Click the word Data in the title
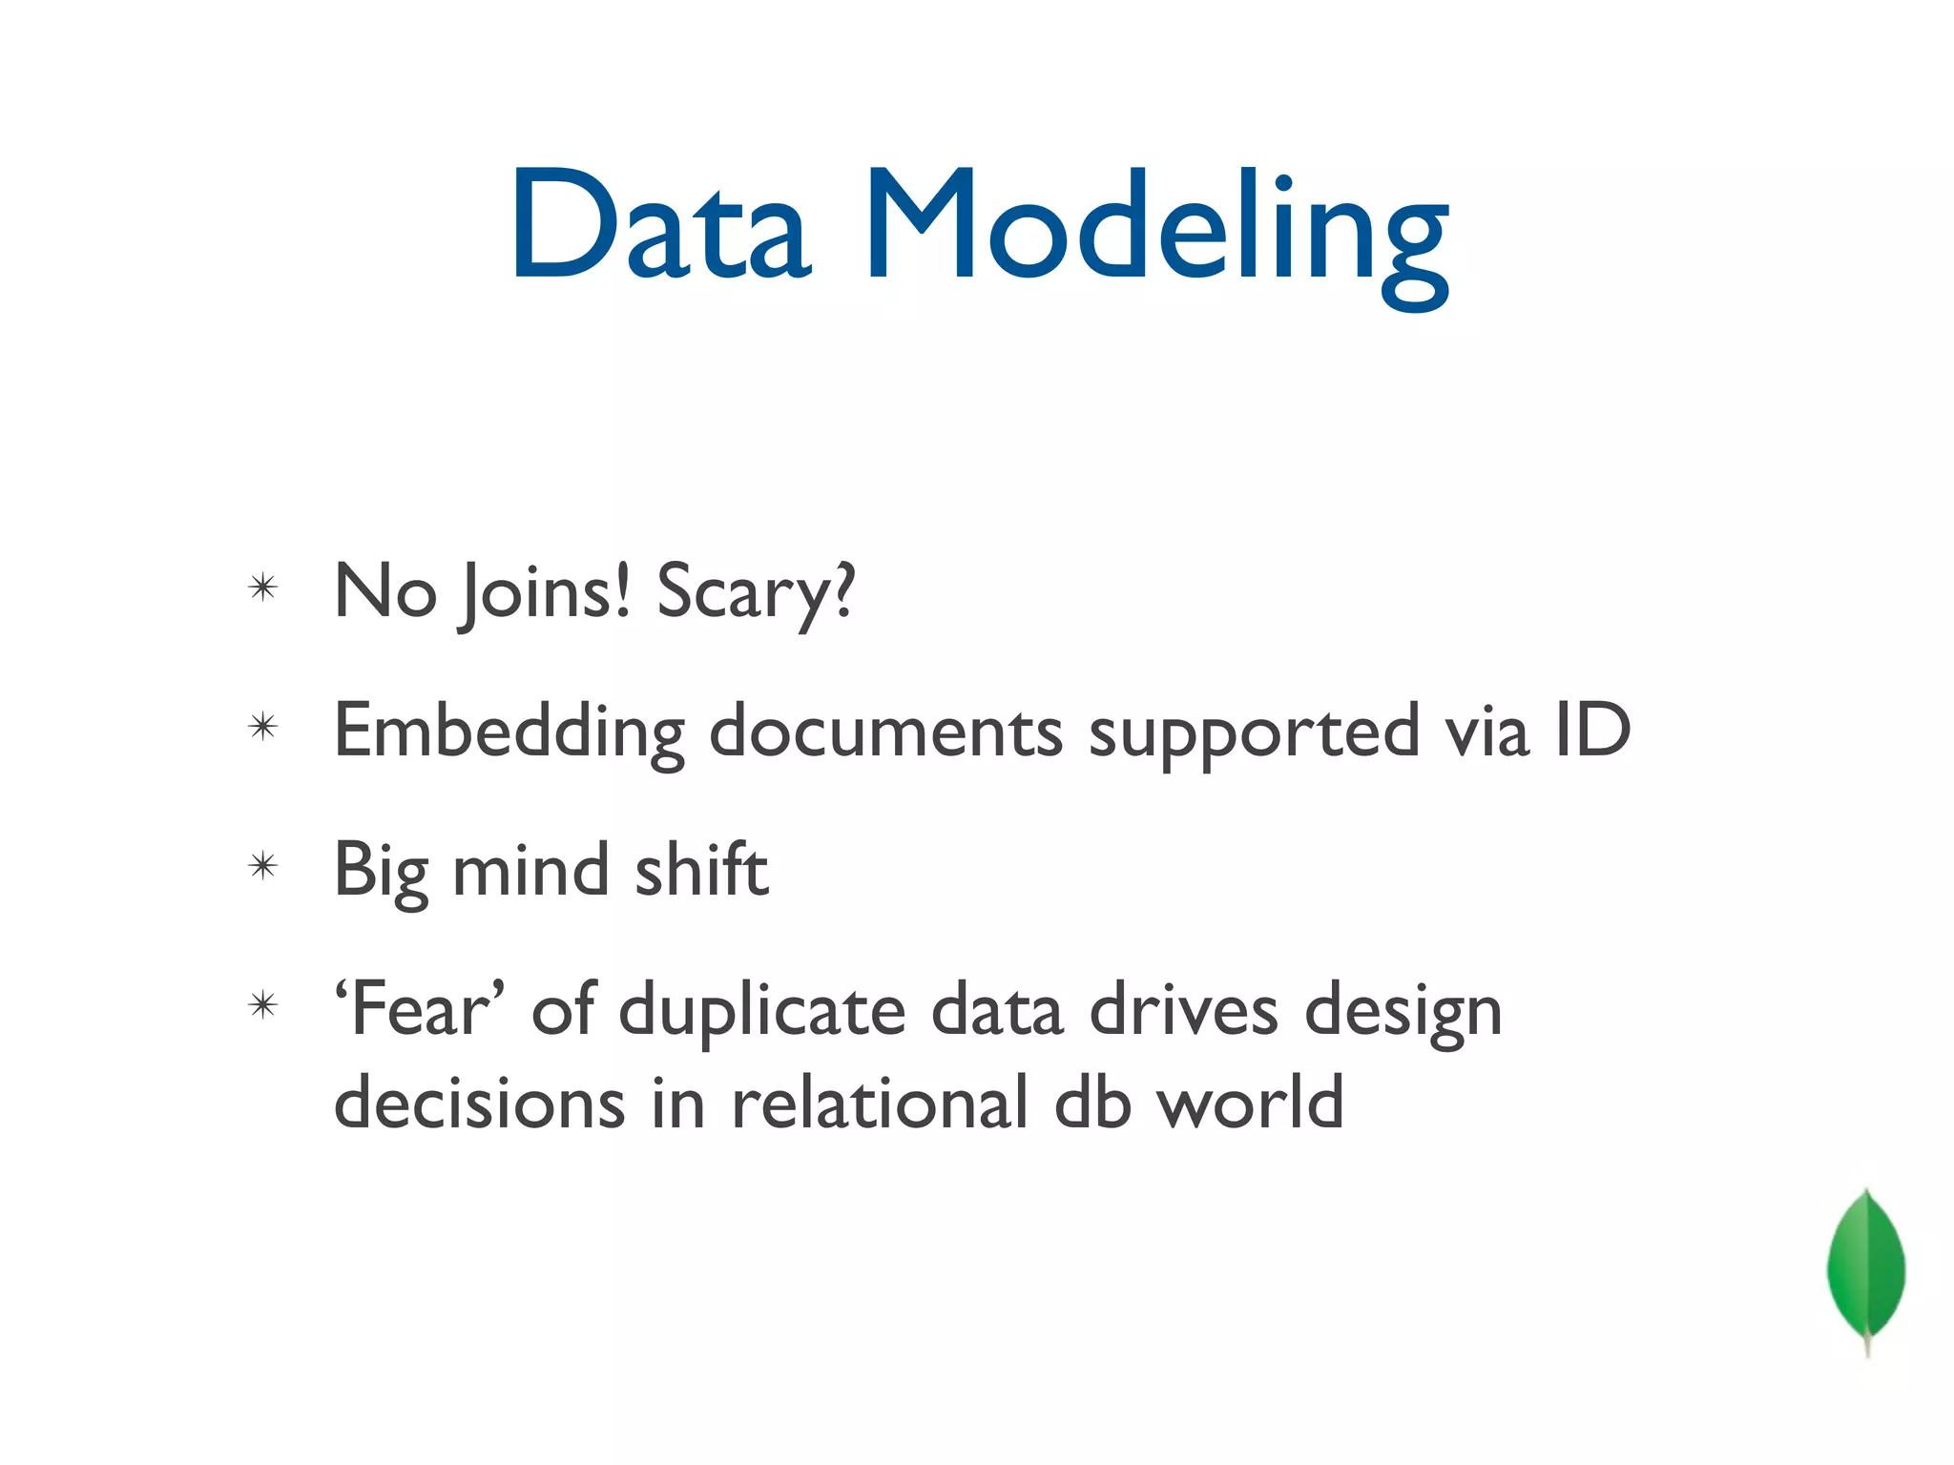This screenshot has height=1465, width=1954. (x=660, y=226)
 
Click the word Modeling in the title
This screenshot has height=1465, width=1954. (x=1156, y=234)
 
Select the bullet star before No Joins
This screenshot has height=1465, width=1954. (x=262, y=588)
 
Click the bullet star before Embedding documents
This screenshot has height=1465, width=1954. (x=262, y=728)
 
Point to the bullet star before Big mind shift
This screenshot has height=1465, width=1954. (x=262, y=866)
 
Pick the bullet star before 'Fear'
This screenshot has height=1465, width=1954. (x=262, y=1005)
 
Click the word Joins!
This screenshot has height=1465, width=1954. (x=545, y=593)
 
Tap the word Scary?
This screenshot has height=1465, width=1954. (x=756, y=593)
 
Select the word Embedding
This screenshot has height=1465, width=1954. (x=509, y=732)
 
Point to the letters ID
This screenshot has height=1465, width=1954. (x=1592, y=730)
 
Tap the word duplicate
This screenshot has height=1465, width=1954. (x=761, y=1013)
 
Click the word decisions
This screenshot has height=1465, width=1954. (x=480, y=1103)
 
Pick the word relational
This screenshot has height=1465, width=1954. (x=880, y=1103)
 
